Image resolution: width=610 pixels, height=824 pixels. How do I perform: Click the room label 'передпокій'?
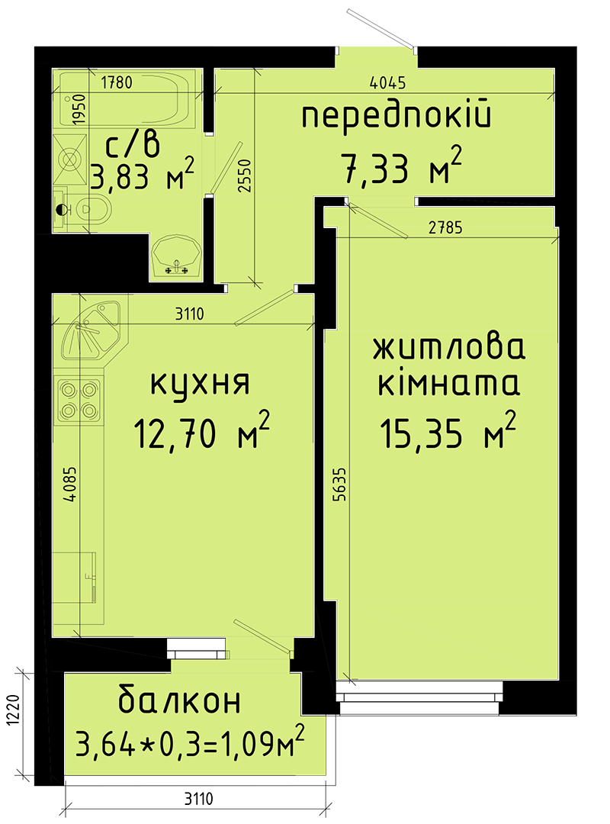click(x=396, y=117)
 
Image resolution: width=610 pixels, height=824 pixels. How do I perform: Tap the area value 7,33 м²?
click(x=402, y=168)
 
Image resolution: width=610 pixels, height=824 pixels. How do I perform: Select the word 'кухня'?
click(x=200, y=383)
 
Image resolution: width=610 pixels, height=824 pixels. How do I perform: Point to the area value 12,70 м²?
click(x=201, y=434)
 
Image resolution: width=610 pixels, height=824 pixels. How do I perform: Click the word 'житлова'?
click(x=449, y=349)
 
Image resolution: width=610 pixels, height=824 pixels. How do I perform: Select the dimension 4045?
click(x=384, y=83)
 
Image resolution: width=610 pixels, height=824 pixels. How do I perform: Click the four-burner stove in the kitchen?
click(x=79, y=399)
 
